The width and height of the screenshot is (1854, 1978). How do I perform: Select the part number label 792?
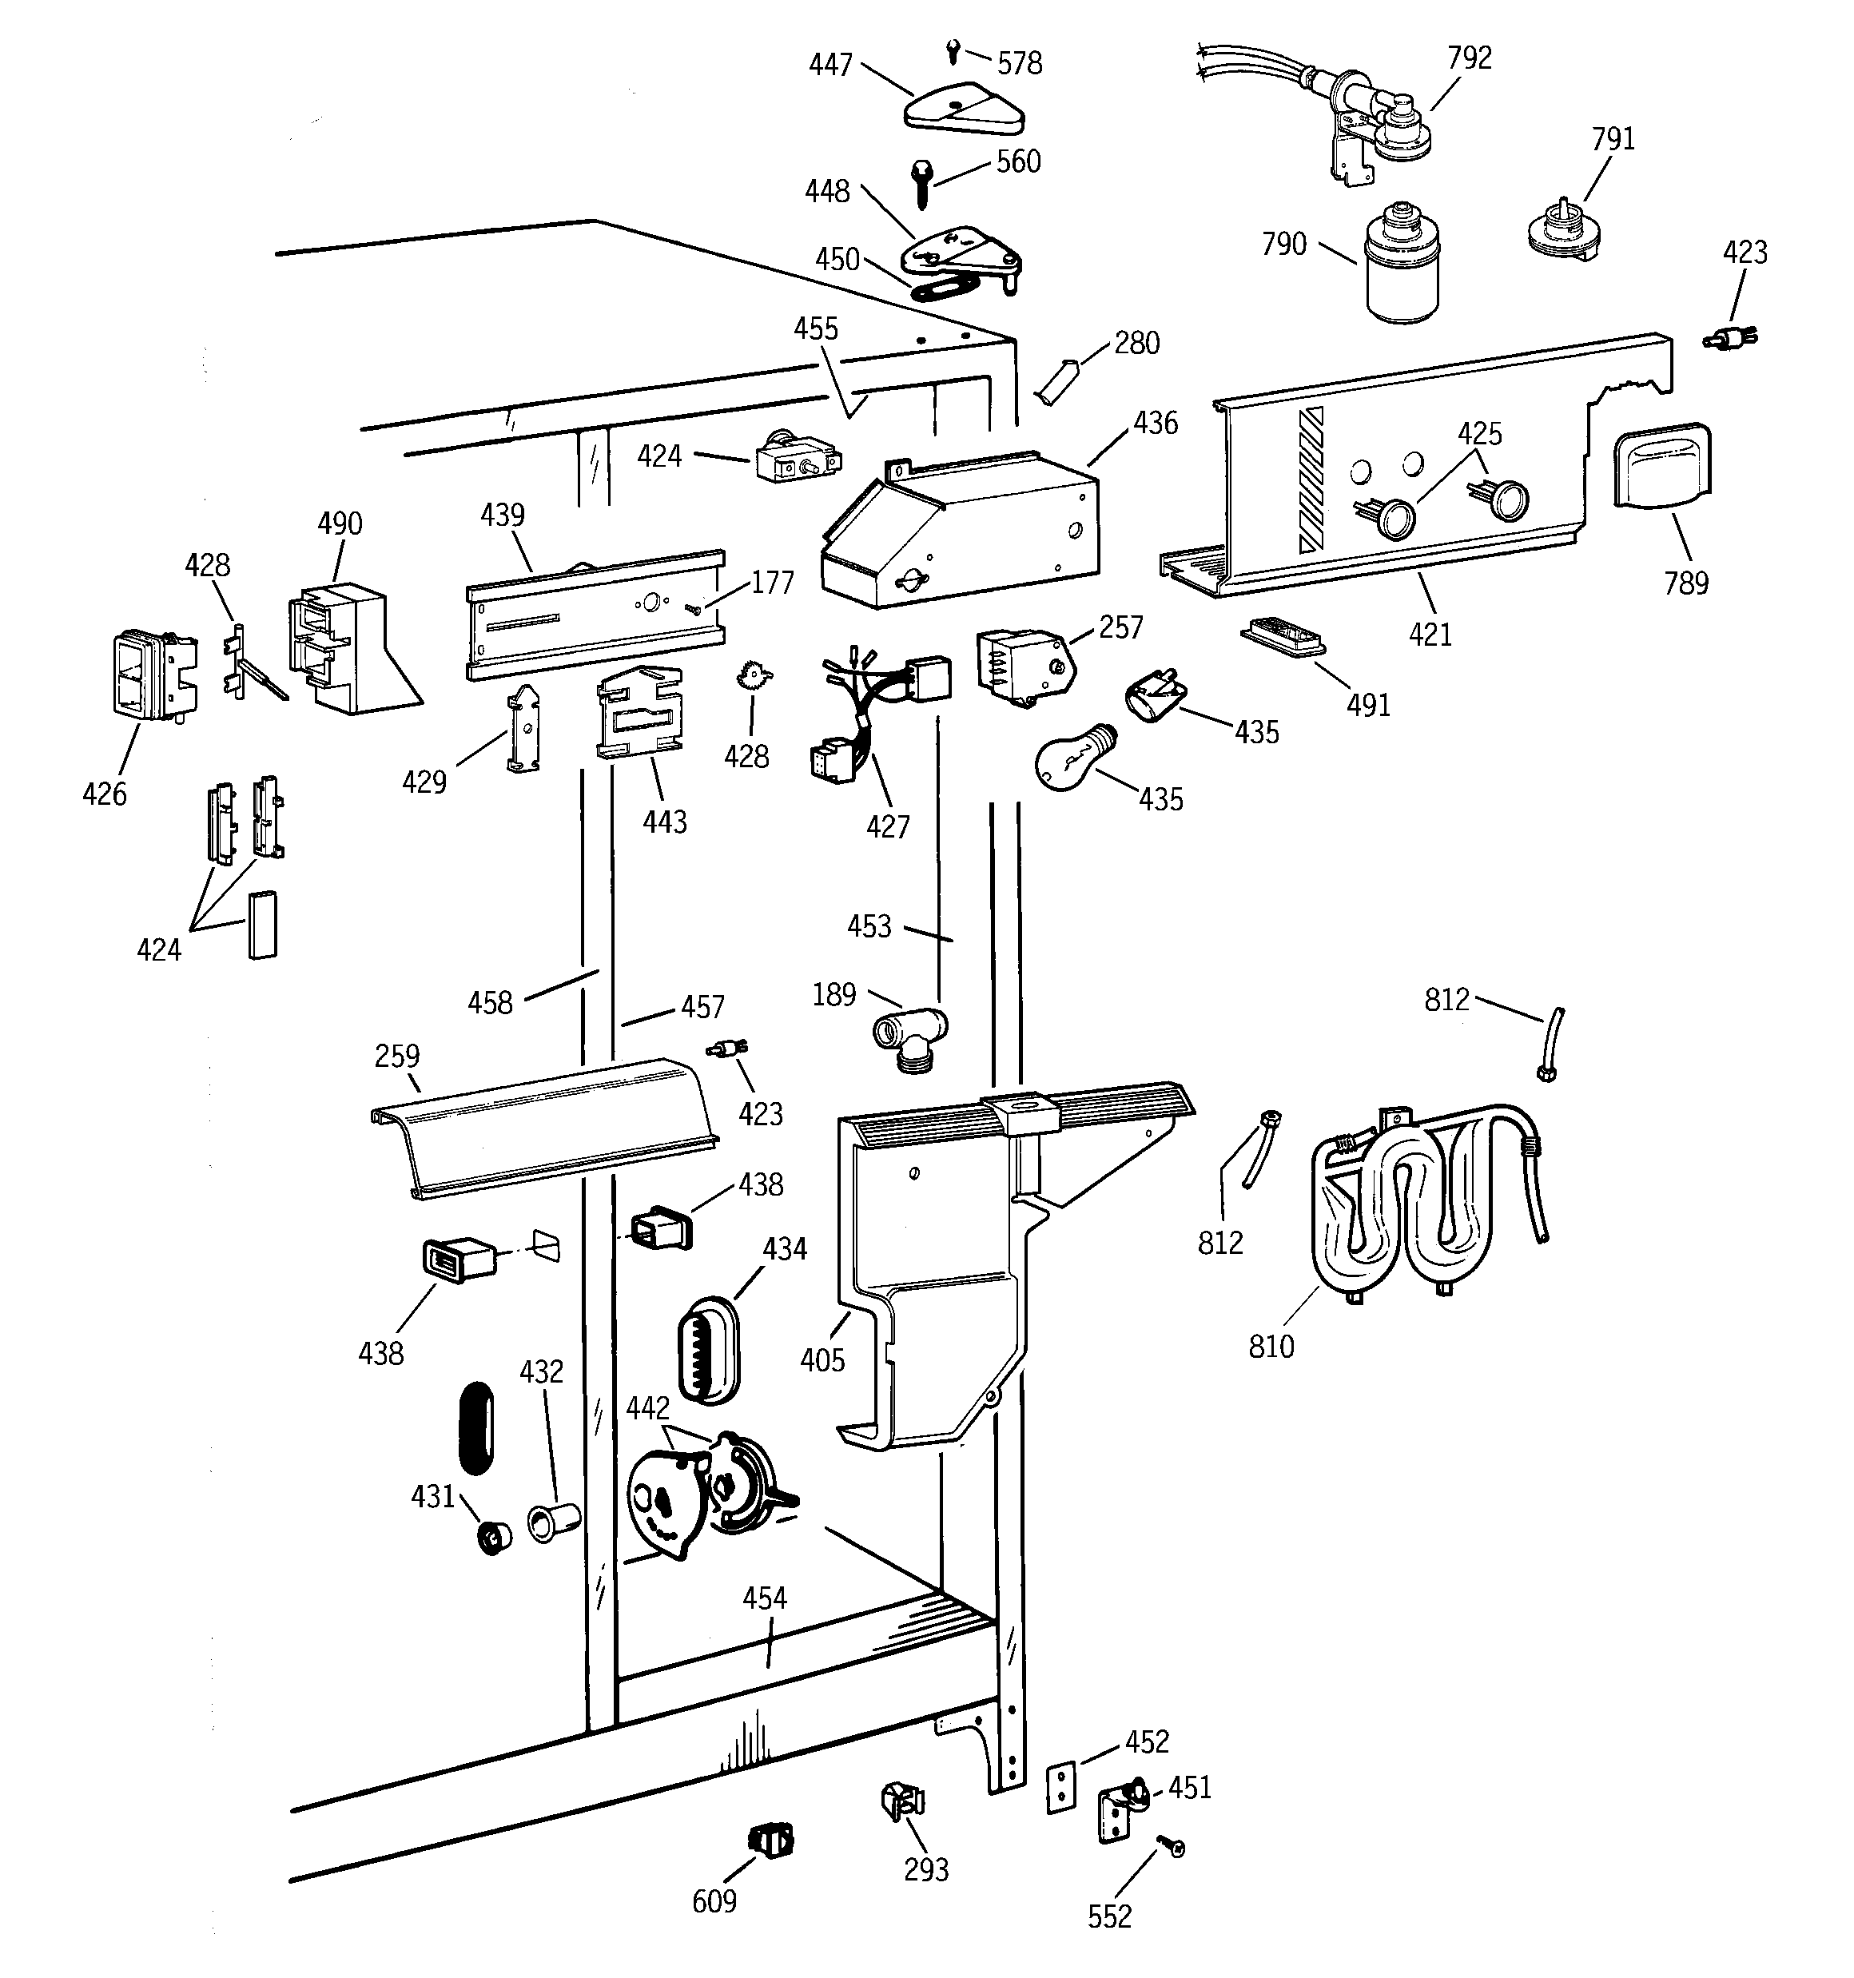pos(1469,58)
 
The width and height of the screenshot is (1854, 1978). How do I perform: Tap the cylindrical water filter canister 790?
pos(1401,264)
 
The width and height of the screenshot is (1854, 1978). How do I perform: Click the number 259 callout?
pos(397,1056)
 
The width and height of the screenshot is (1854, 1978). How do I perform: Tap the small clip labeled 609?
pos(771,1840)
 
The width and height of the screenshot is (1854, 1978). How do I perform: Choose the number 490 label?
pos(340,523)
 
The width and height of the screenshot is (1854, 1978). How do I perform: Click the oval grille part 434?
pos(709,1349)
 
